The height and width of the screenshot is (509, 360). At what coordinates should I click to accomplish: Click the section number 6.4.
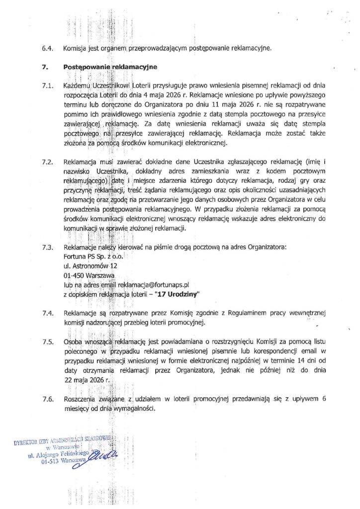point(48,49)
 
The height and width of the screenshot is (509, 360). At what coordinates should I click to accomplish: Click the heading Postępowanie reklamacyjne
point(110,67)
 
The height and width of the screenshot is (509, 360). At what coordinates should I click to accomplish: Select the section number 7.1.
point(48,85)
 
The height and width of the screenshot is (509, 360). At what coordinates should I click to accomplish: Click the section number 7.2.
point(48,162)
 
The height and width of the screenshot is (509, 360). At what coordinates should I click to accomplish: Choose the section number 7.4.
point(48,314)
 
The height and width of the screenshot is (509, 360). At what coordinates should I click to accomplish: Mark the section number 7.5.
point(48,342)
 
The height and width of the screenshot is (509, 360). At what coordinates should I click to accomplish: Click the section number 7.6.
point(48,399)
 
